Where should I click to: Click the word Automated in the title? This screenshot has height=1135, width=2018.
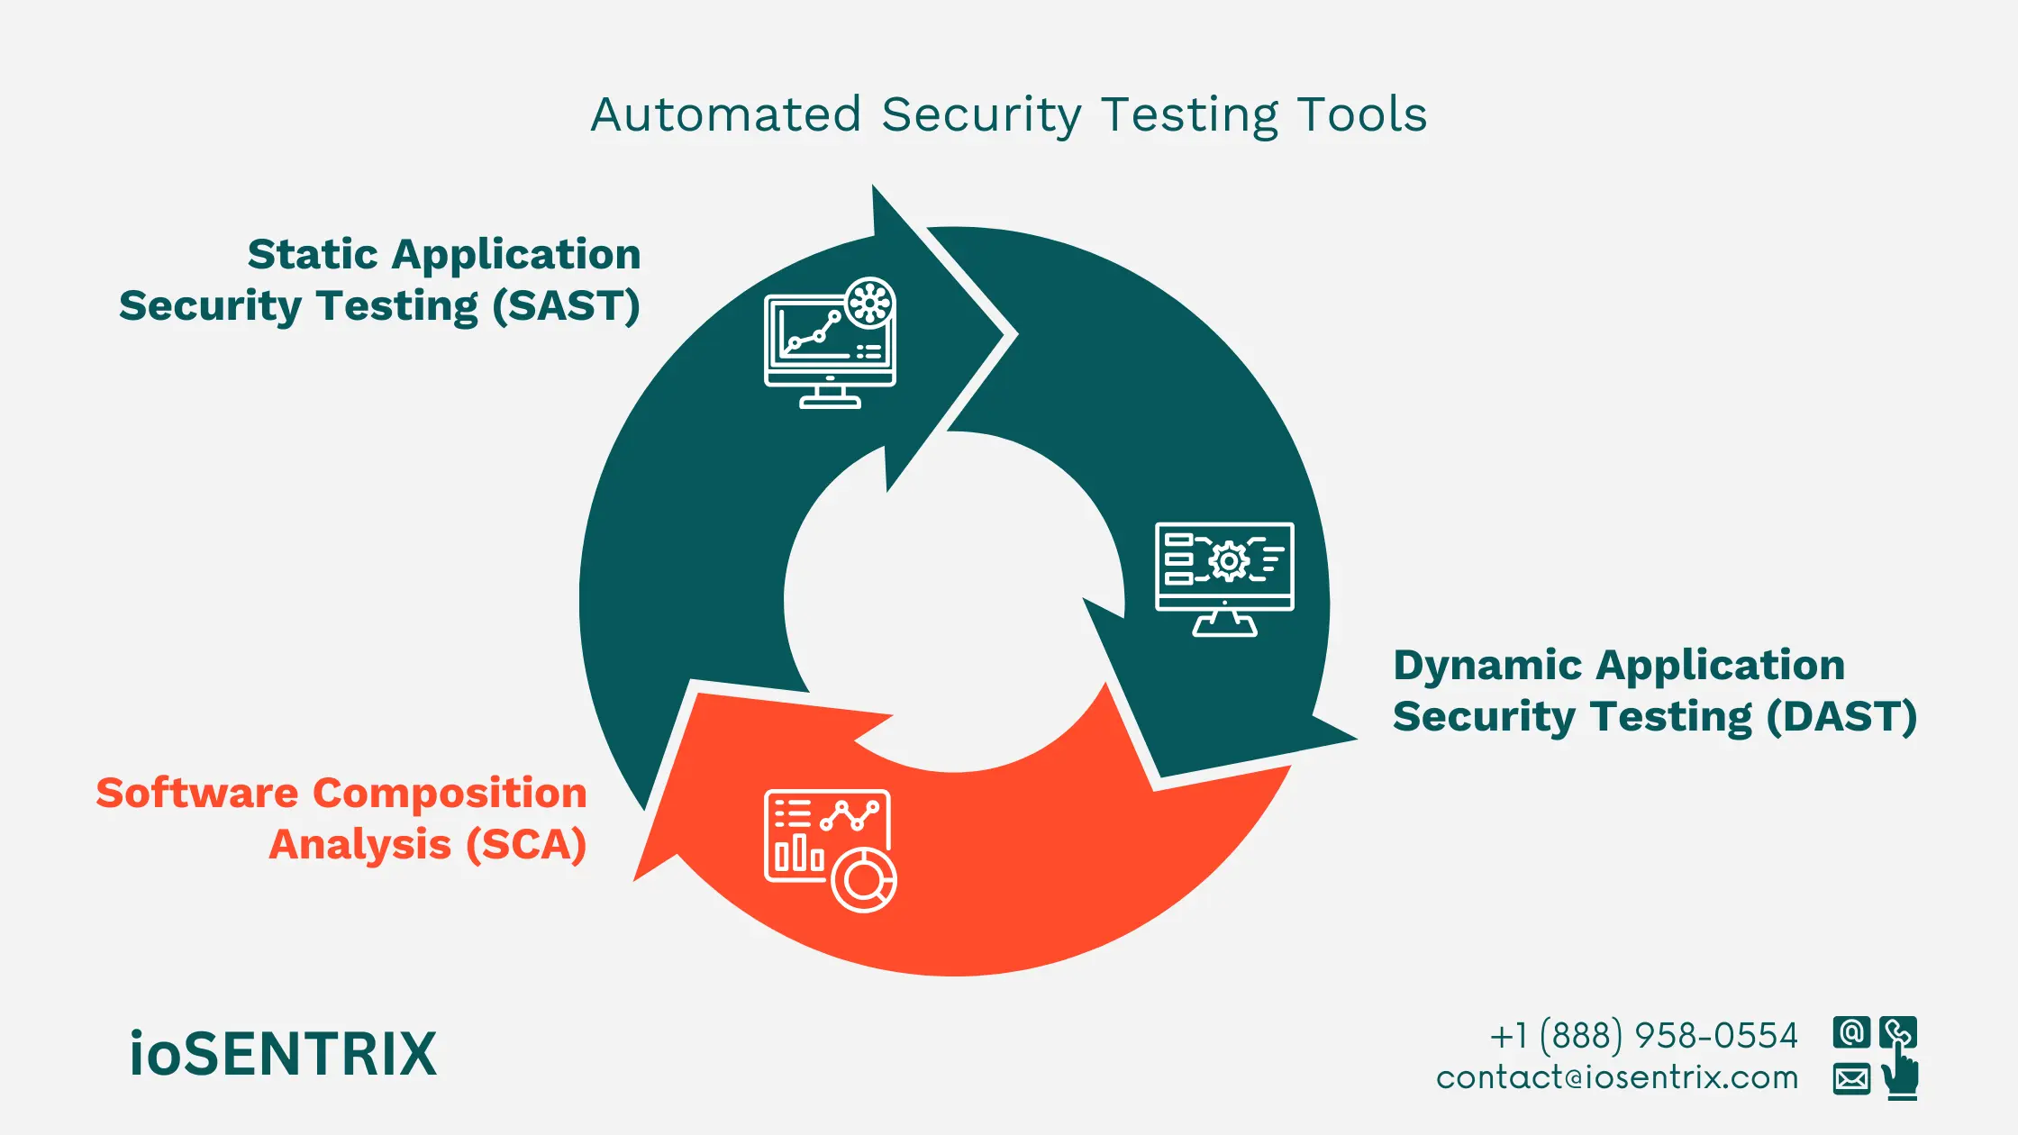coord(726,115)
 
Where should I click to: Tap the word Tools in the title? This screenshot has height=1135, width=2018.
coord(1362,115)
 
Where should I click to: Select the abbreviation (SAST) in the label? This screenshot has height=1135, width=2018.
coord(566,306)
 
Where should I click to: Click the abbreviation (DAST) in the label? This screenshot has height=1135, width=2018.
coord(1841,717)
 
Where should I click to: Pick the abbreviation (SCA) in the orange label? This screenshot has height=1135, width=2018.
coord(526,845)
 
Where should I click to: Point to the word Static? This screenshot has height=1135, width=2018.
coord(313,254)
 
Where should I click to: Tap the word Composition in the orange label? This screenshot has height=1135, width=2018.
coord(450,794)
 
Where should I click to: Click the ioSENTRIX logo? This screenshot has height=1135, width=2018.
coord(283,1054)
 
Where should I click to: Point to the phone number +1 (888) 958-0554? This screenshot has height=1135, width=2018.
coord(1643,1036)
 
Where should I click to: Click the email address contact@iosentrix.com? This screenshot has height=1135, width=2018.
coord(1617,1078)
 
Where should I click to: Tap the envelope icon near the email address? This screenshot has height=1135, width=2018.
coord(1851,1078)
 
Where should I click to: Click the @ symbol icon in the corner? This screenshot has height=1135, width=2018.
coord(1851,1032)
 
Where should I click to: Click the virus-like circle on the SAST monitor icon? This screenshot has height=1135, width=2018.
coord(869,303)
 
